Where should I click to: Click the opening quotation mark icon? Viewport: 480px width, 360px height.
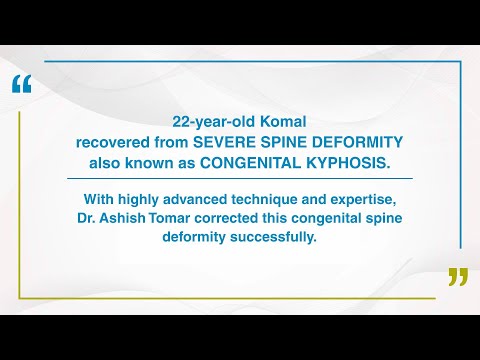(x=22, y=85)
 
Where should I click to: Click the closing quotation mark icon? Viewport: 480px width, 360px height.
(x=457, y=276)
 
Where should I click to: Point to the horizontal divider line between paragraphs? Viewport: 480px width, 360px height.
(x=240, y=179)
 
